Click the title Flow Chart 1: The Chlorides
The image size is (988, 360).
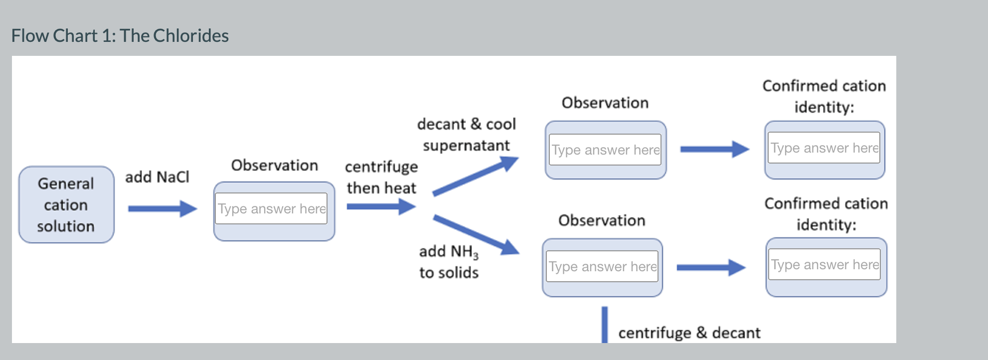click(120, 36)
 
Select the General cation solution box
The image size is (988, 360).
click(66, 205)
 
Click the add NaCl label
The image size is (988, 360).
click(157, 177)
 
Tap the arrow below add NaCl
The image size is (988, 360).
click(162, 208)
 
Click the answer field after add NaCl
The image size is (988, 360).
click(272, 208)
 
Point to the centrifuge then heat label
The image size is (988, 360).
click(381, 177)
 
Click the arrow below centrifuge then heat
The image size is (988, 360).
click(380, 206)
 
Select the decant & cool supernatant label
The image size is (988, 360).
click(466, 135)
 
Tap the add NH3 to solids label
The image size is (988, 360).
click(449, 262)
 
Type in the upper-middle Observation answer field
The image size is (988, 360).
click(605, 150)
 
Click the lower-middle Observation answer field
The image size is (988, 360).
click(602, 266)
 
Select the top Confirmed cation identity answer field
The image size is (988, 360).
click(824, 148)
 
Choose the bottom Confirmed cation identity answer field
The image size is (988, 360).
click(824, 264)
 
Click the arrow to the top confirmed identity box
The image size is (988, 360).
click(714, 149)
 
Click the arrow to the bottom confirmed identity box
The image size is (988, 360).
click(711, 267)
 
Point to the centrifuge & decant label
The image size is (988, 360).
click(689, 333)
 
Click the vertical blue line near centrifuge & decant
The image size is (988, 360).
click(605, 325)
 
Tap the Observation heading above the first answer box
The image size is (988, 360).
click(274, 165)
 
